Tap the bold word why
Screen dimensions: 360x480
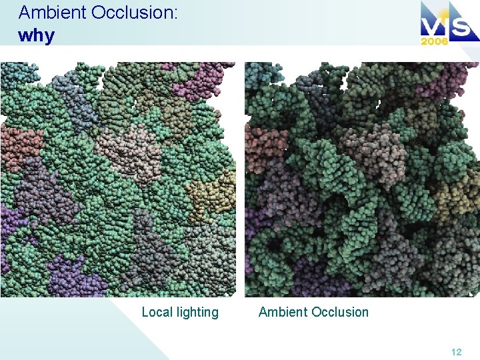[36, 35]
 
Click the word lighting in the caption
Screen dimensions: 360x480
[197, 313]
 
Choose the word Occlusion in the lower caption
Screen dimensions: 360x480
[339, 312]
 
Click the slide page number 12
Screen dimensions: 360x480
[456, 352]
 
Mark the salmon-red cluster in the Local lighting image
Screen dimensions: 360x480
[20, 143]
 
